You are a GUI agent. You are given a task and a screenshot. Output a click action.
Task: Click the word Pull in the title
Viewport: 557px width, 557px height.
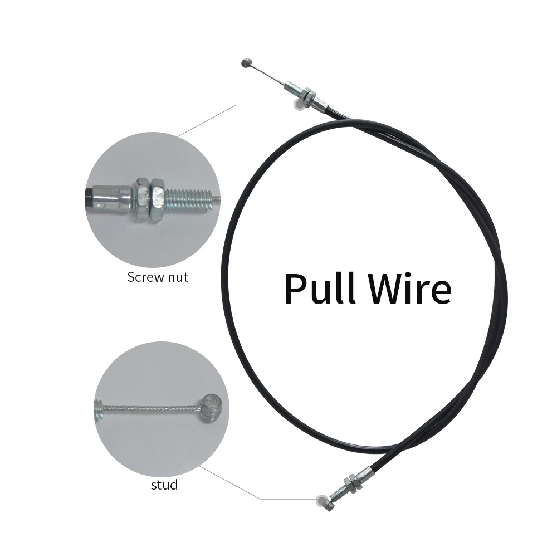point(320,289)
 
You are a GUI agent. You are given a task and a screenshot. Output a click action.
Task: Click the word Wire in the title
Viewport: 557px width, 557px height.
point(409,289)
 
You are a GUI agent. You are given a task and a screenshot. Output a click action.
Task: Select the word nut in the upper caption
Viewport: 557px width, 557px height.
point(179,277)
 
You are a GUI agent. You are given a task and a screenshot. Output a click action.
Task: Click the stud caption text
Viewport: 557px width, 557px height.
point(164,485)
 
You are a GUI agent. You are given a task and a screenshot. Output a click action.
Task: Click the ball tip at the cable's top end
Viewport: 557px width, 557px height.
point(246,63)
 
